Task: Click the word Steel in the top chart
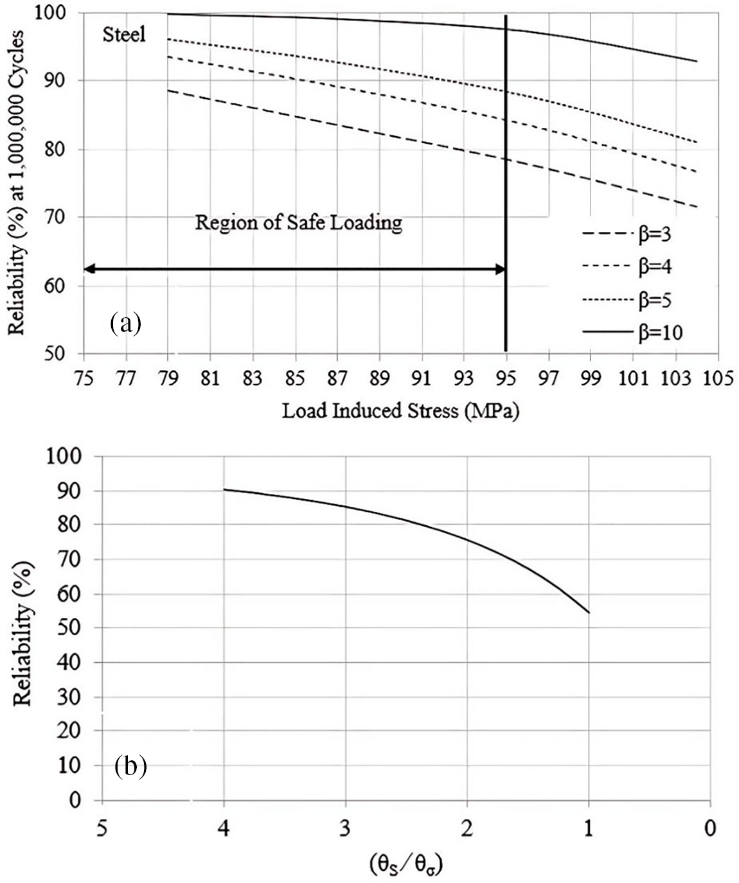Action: pyautogui.click(x=124, y=34)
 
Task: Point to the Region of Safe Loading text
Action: pyautogui.click(x=299, y=223)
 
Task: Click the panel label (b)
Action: pyautogui.click(x=130, y=765)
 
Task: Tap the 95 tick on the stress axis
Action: pyautogui.click(x=506, y=378)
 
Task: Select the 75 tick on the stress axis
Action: pyautogui.click(x=84, y=378)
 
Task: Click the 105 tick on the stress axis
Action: pyautogui.click(x=718, y=378)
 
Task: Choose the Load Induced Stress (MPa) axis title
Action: pyautogui.click(x=400, y=410)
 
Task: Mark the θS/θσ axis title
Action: pyautogui.click(x=406, y=864)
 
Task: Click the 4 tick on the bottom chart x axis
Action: pyautogui.click(x=224, y=829)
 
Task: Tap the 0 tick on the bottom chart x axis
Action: pyautogui.click(x=709, y=829)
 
